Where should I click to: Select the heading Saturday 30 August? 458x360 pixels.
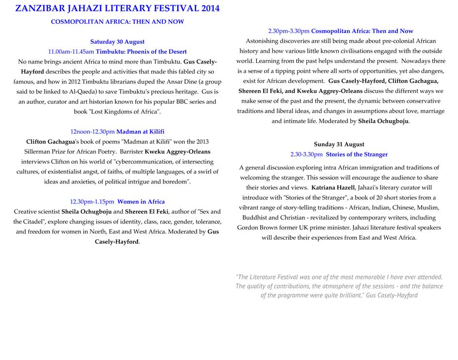117,42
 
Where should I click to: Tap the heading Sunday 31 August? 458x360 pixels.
339,144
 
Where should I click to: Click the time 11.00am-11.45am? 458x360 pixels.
71,51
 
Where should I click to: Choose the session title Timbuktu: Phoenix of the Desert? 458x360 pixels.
141,51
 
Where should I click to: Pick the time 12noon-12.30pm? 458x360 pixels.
92,131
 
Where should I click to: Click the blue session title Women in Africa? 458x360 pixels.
141,202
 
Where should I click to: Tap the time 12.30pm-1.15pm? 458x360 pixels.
92,202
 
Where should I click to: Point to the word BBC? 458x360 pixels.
169,102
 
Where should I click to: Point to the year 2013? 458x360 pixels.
201,141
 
